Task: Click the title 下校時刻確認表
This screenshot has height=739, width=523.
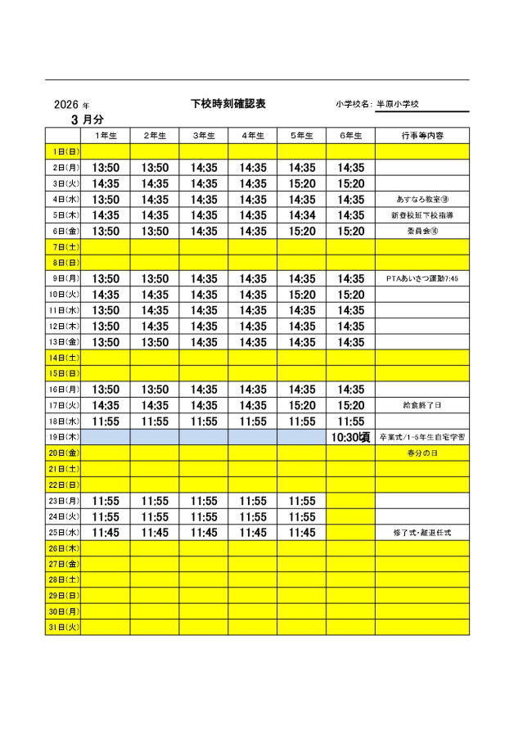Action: coord(228,104)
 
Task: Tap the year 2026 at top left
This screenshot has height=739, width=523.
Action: coord(65,105)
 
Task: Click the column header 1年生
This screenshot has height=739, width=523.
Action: coord(106,135)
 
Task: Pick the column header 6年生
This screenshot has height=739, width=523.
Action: coord(350,135)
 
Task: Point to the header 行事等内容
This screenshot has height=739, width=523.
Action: coord(422,135)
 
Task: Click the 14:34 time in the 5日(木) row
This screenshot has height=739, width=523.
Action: coord(301,215)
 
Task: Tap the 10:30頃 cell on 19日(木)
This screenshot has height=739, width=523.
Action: coord(350,437)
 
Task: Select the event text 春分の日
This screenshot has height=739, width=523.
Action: coord(422,453)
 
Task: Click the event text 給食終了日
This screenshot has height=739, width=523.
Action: coord(422,405)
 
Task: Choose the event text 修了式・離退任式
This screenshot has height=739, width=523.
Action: coord(422,533)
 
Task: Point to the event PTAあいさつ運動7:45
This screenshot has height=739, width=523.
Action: coord(422,279)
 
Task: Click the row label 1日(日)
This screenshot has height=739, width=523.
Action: coord(63,151)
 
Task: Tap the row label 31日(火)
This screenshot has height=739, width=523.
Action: coord(63,628)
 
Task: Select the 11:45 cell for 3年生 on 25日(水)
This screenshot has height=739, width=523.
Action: coord(204,532)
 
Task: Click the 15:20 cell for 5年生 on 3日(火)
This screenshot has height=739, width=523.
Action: coord(301,183)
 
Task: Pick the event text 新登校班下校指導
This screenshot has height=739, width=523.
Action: coord(422,215)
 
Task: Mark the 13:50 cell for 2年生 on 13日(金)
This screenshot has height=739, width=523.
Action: coord(155,342)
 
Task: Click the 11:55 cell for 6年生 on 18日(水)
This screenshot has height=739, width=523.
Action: coord(350,421)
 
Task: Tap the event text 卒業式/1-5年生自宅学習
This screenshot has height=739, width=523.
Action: coord(422,438)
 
